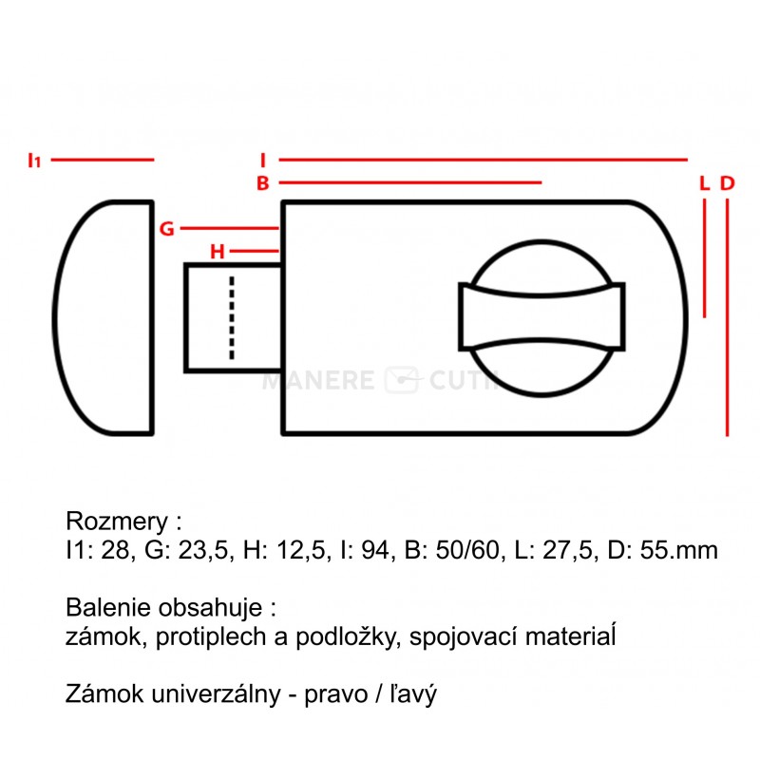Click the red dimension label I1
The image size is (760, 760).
pos(35,160)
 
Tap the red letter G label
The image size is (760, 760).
pos(167,228)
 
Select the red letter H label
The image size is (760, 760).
pos(218,252)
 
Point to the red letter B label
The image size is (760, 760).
pos(263,183)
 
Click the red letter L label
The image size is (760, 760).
pos(705,183)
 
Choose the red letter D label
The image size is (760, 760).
pos(727,183)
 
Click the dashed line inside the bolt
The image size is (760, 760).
pos(232,318)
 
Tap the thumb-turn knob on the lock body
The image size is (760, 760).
pos(541,318)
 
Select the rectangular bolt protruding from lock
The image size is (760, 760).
pos(233,318)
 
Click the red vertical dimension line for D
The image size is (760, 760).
pos(727,318)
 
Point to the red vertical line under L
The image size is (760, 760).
pos(704,258)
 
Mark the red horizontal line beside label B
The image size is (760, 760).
pos(410,182)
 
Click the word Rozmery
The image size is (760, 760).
pos(117,522)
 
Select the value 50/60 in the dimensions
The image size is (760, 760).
pos(467,551)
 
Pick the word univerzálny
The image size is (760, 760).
pos(217,694)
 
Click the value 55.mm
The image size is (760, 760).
pos(679,551)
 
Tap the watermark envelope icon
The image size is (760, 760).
pos(401,380)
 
